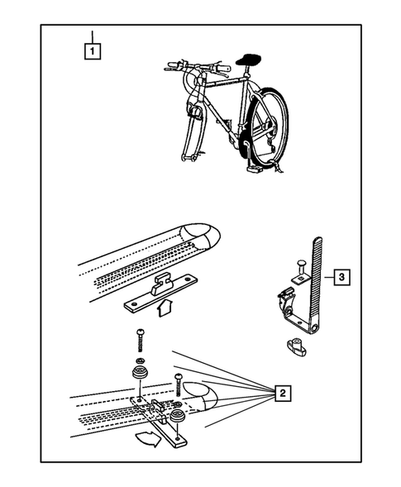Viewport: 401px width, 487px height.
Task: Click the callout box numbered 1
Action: click(x=93, y=51)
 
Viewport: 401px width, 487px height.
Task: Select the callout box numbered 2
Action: click(x=282, y=393)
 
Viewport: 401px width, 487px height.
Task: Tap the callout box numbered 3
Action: click(x=341, y=277)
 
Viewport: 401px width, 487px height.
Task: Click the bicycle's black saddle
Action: click(x=248, y=60)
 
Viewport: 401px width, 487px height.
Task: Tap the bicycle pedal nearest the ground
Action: click(x=255, y=169)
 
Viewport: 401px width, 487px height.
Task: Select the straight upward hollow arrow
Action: click(x=165, y=308)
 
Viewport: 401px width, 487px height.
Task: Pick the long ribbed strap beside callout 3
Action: click(x=316, y=286)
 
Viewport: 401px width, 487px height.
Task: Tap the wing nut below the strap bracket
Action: click(x=296, y=346)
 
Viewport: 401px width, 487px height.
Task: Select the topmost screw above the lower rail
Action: click(x=139, y=340)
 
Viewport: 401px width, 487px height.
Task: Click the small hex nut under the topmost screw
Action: click(x=140, y=360)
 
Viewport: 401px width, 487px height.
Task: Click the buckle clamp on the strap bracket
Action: click(x=287, y=299)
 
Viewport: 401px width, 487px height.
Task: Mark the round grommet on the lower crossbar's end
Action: click(x=178, y=416)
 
